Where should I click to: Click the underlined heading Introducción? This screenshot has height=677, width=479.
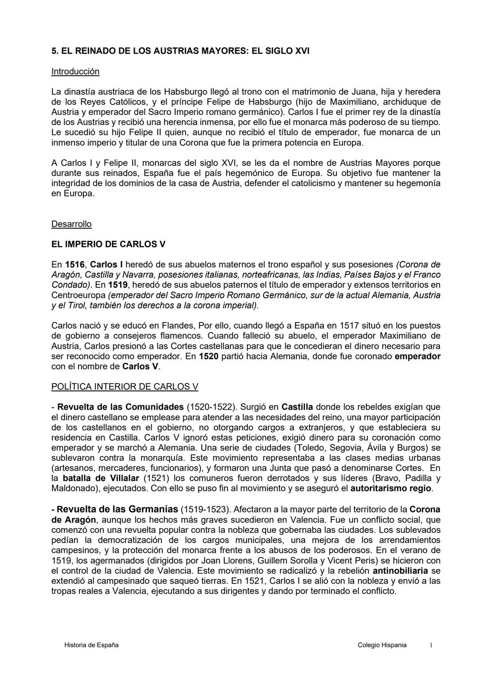point(75,71)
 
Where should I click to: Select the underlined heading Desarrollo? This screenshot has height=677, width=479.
point(71,224)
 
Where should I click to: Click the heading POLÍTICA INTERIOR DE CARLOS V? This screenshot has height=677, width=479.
point(125,386)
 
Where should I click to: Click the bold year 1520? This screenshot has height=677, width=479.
point(208,356)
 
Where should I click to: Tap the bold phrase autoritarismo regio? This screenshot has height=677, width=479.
point(391,488)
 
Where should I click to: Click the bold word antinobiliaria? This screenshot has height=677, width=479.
point(400,571)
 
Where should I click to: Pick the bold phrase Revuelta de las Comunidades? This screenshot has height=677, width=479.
point(120,407)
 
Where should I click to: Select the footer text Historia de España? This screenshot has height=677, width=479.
point(91,645)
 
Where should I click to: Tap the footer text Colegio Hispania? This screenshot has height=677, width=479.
point(382,645)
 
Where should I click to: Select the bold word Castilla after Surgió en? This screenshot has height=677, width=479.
point(297,407)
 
